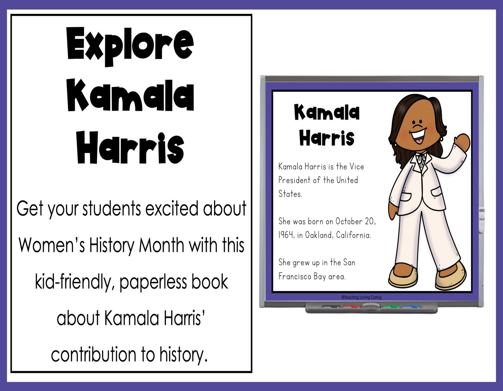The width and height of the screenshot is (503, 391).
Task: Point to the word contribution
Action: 94,355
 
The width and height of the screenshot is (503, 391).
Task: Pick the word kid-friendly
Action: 74,282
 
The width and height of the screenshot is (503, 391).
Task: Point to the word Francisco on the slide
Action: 295,276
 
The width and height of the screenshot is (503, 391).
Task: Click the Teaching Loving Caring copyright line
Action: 361,297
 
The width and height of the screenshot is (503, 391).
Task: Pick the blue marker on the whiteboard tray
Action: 411,306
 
